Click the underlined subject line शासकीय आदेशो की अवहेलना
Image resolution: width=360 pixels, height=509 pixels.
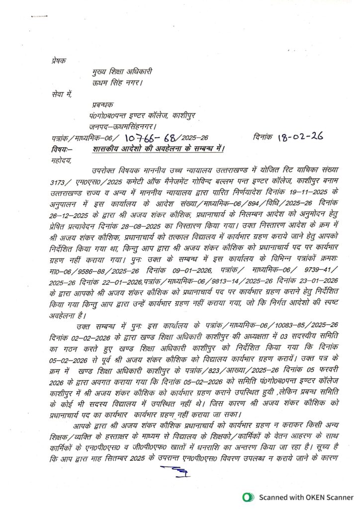coord(158,148)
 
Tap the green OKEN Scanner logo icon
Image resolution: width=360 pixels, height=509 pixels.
coord(247,496)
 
